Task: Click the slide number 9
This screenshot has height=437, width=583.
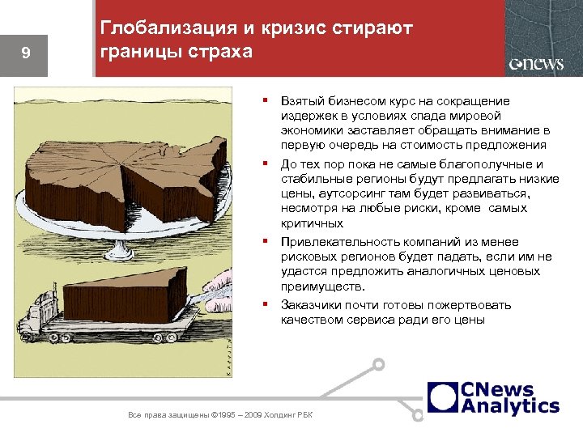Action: pos(26,53)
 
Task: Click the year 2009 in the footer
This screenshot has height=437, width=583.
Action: pos(252,415)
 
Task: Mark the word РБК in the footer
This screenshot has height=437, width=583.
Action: pos(304,415)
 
